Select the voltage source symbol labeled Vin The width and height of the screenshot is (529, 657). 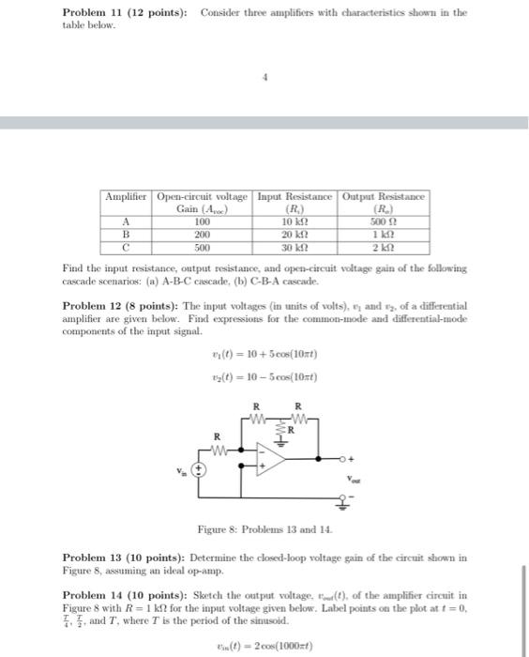199,469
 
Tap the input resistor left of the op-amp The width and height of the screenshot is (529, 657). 218,448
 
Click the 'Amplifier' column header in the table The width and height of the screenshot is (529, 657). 127,196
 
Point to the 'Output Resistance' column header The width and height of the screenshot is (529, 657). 385,196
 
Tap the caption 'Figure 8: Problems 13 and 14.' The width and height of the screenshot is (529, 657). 264,530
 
